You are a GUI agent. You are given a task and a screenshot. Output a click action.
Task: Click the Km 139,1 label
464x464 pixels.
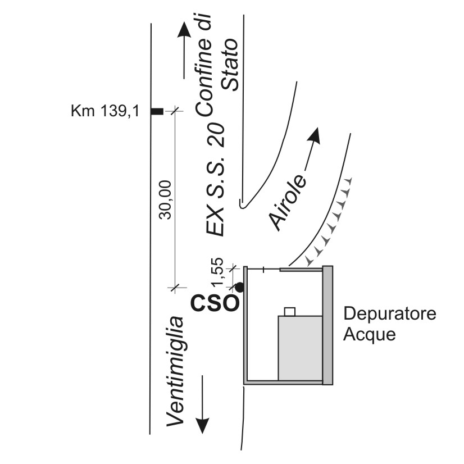[x=104, y=112]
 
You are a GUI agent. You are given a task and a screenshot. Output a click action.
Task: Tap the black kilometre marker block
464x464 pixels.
[x=157, y=112]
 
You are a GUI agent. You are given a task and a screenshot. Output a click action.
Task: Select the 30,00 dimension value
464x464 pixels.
[x=165, y=200]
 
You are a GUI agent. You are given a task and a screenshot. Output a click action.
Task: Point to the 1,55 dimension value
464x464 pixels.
[x=219, y=272]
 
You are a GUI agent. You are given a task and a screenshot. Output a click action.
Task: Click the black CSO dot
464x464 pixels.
[x=239, y=287]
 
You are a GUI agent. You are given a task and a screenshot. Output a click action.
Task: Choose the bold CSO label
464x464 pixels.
[x=215, y=303]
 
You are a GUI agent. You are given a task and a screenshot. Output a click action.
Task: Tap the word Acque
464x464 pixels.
[x=369, y=335]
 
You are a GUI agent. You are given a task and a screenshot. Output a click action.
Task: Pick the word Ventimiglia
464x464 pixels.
[x=176, y=372]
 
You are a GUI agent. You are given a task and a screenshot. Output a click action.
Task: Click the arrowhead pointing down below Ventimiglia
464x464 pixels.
[x=202, y=425]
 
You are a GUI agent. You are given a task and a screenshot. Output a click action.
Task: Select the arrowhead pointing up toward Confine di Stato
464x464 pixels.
[x=184, y=30]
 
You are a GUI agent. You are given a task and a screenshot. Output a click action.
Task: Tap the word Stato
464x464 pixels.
[x=230, y=64]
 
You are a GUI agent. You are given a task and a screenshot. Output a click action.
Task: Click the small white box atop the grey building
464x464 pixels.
[x=290, y=312]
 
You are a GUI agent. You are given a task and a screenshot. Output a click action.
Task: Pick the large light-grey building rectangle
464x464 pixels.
[x=300, y=348]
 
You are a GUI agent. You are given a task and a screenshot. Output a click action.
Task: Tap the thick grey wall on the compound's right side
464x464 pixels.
[x=327, y=325]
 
